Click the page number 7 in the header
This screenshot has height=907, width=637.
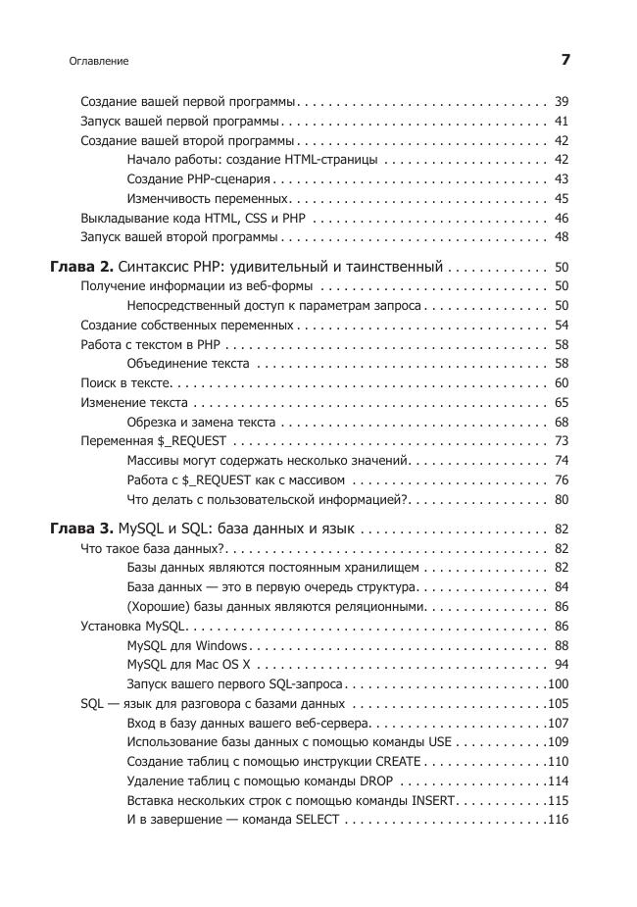(565, 60)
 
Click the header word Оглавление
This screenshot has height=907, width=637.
(99, 61)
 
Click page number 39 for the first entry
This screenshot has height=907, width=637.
(562, 102)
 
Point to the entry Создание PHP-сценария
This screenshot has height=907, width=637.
(199, 179)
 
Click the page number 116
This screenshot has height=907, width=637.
(559, 819)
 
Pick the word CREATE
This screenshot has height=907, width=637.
(398, 762)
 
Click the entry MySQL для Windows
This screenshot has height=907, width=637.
(187, 645)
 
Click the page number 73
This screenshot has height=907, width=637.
(562, 440)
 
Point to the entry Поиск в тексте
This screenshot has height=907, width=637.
(125, 382)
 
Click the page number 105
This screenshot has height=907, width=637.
(559, 703)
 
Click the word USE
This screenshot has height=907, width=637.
(440, 742)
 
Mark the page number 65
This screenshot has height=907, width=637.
(562, 402)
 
